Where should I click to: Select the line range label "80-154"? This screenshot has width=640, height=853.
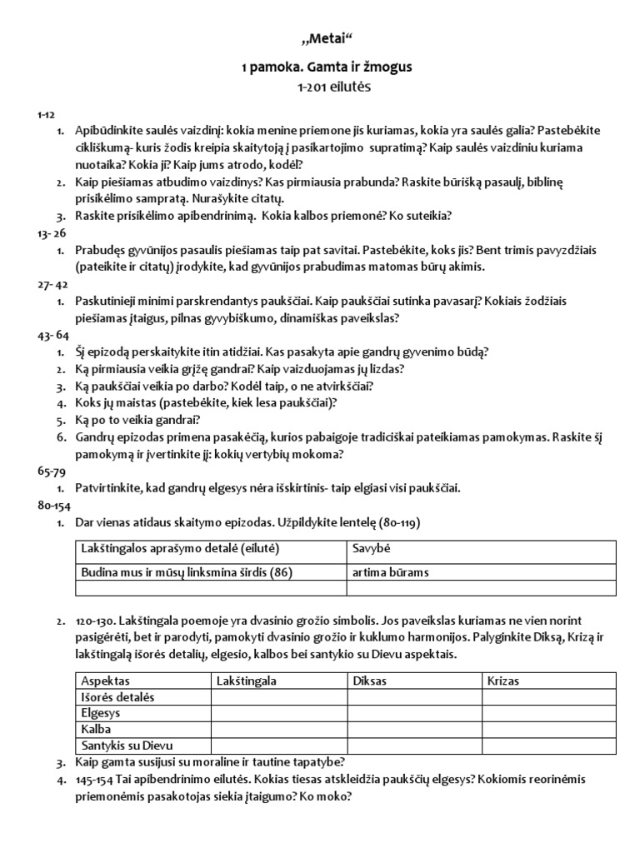pyautogui.click(x=52, y=506)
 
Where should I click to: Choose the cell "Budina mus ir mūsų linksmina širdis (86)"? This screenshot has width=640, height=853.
pyautogui.click(x=187, y=572)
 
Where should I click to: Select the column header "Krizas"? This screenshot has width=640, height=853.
pyautogui.click(x=503, y=681)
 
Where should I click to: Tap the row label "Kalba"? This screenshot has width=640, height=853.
pyautogui.click(x=97, y=730)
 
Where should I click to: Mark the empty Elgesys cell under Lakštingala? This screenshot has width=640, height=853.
pyautogui.click(x=278, y=714)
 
